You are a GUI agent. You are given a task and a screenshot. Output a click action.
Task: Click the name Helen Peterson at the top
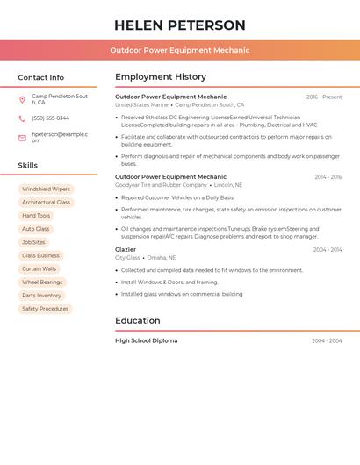pos(180,25)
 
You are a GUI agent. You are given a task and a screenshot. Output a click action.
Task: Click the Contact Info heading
pos(40,77)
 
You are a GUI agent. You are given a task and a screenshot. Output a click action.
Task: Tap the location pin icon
pos(22,99)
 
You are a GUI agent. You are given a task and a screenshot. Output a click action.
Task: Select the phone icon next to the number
pos(22,118)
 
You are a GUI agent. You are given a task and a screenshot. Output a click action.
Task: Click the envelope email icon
pos(22,138)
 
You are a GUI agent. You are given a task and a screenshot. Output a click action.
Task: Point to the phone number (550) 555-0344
pos(50,118)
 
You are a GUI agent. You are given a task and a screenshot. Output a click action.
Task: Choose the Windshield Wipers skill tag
pos(46,189)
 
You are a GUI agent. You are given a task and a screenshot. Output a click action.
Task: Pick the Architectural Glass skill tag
pos(46,203)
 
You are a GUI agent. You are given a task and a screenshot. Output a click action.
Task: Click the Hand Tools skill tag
pos(36,216)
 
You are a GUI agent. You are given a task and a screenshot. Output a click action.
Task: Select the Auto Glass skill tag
pos(35,229)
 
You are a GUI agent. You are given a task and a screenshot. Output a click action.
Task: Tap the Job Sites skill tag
pos(33,242)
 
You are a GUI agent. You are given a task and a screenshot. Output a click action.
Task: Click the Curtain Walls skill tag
pos(39,269)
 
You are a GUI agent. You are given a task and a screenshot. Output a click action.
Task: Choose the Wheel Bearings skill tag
pos(42,283)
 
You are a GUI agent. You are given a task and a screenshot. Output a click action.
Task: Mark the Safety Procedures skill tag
pos(45,309)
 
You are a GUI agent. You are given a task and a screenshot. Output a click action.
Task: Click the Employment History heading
pos(161,77)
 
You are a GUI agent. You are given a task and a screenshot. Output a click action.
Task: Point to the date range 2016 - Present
pos(324,97)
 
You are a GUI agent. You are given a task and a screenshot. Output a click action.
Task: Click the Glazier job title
pos(126,250)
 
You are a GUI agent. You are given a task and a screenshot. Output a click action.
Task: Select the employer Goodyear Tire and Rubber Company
pos(161,185)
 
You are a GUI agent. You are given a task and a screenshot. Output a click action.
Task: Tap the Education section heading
pos(137,321)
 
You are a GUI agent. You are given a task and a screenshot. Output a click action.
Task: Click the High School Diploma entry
pos(146,340)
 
